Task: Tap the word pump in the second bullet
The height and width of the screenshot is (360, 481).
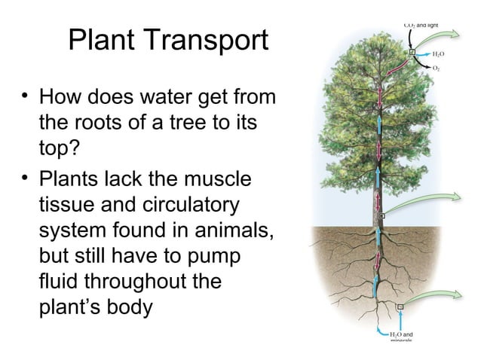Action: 213,255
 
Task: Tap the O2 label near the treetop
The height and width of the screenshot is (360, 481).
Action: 437,68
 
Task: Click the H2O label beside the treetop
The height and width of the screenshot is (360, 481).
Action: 437,55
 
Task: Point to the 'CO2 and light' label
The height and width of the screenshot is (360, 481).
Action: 421,25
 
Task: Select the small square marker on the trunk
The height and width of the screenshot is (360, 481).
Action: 382,216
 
